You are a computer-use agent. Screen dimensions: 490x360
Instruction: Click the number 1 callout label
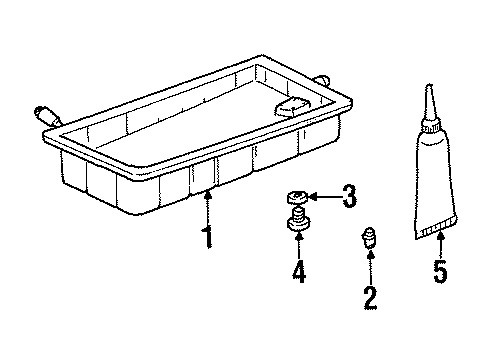208,238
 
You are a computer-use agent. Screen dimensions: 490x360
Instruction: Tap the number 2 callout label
370,297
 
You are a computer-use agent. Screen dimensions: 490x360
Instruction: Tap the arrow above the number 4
299,246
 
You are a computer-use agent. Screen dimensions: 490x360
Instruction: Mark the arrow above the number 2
370,267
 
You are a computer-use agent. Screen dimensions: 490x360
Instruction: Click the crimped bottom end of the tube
438,236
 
